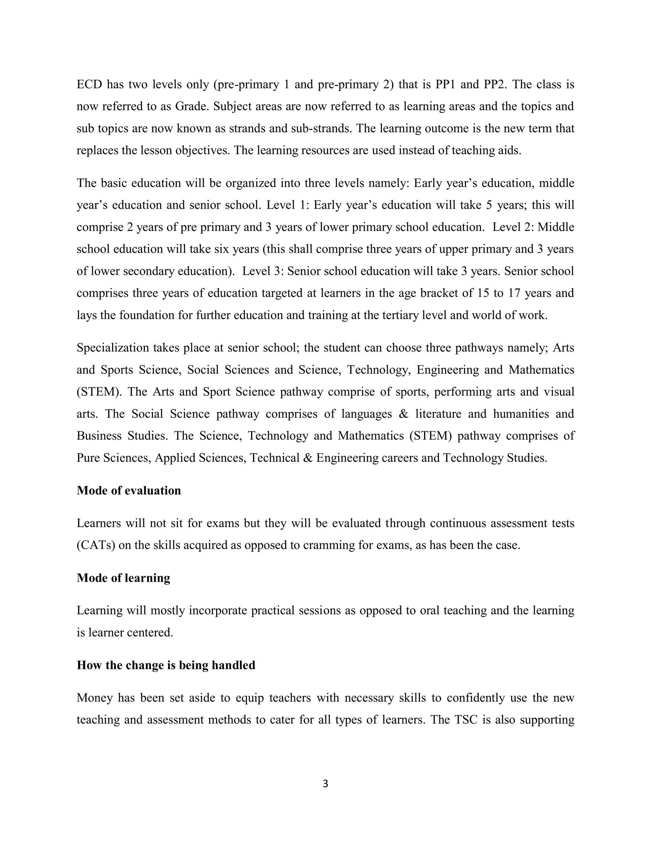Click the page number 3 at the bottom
pyautogui.click(x=325, y=784)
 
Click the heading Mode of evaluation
pyautogui.click(x=129, y=490)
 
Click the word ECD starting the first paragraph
pyautogui.click(x=89, y=84)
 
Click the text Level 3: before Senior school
pyautogui.click(x=263, y=271)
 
